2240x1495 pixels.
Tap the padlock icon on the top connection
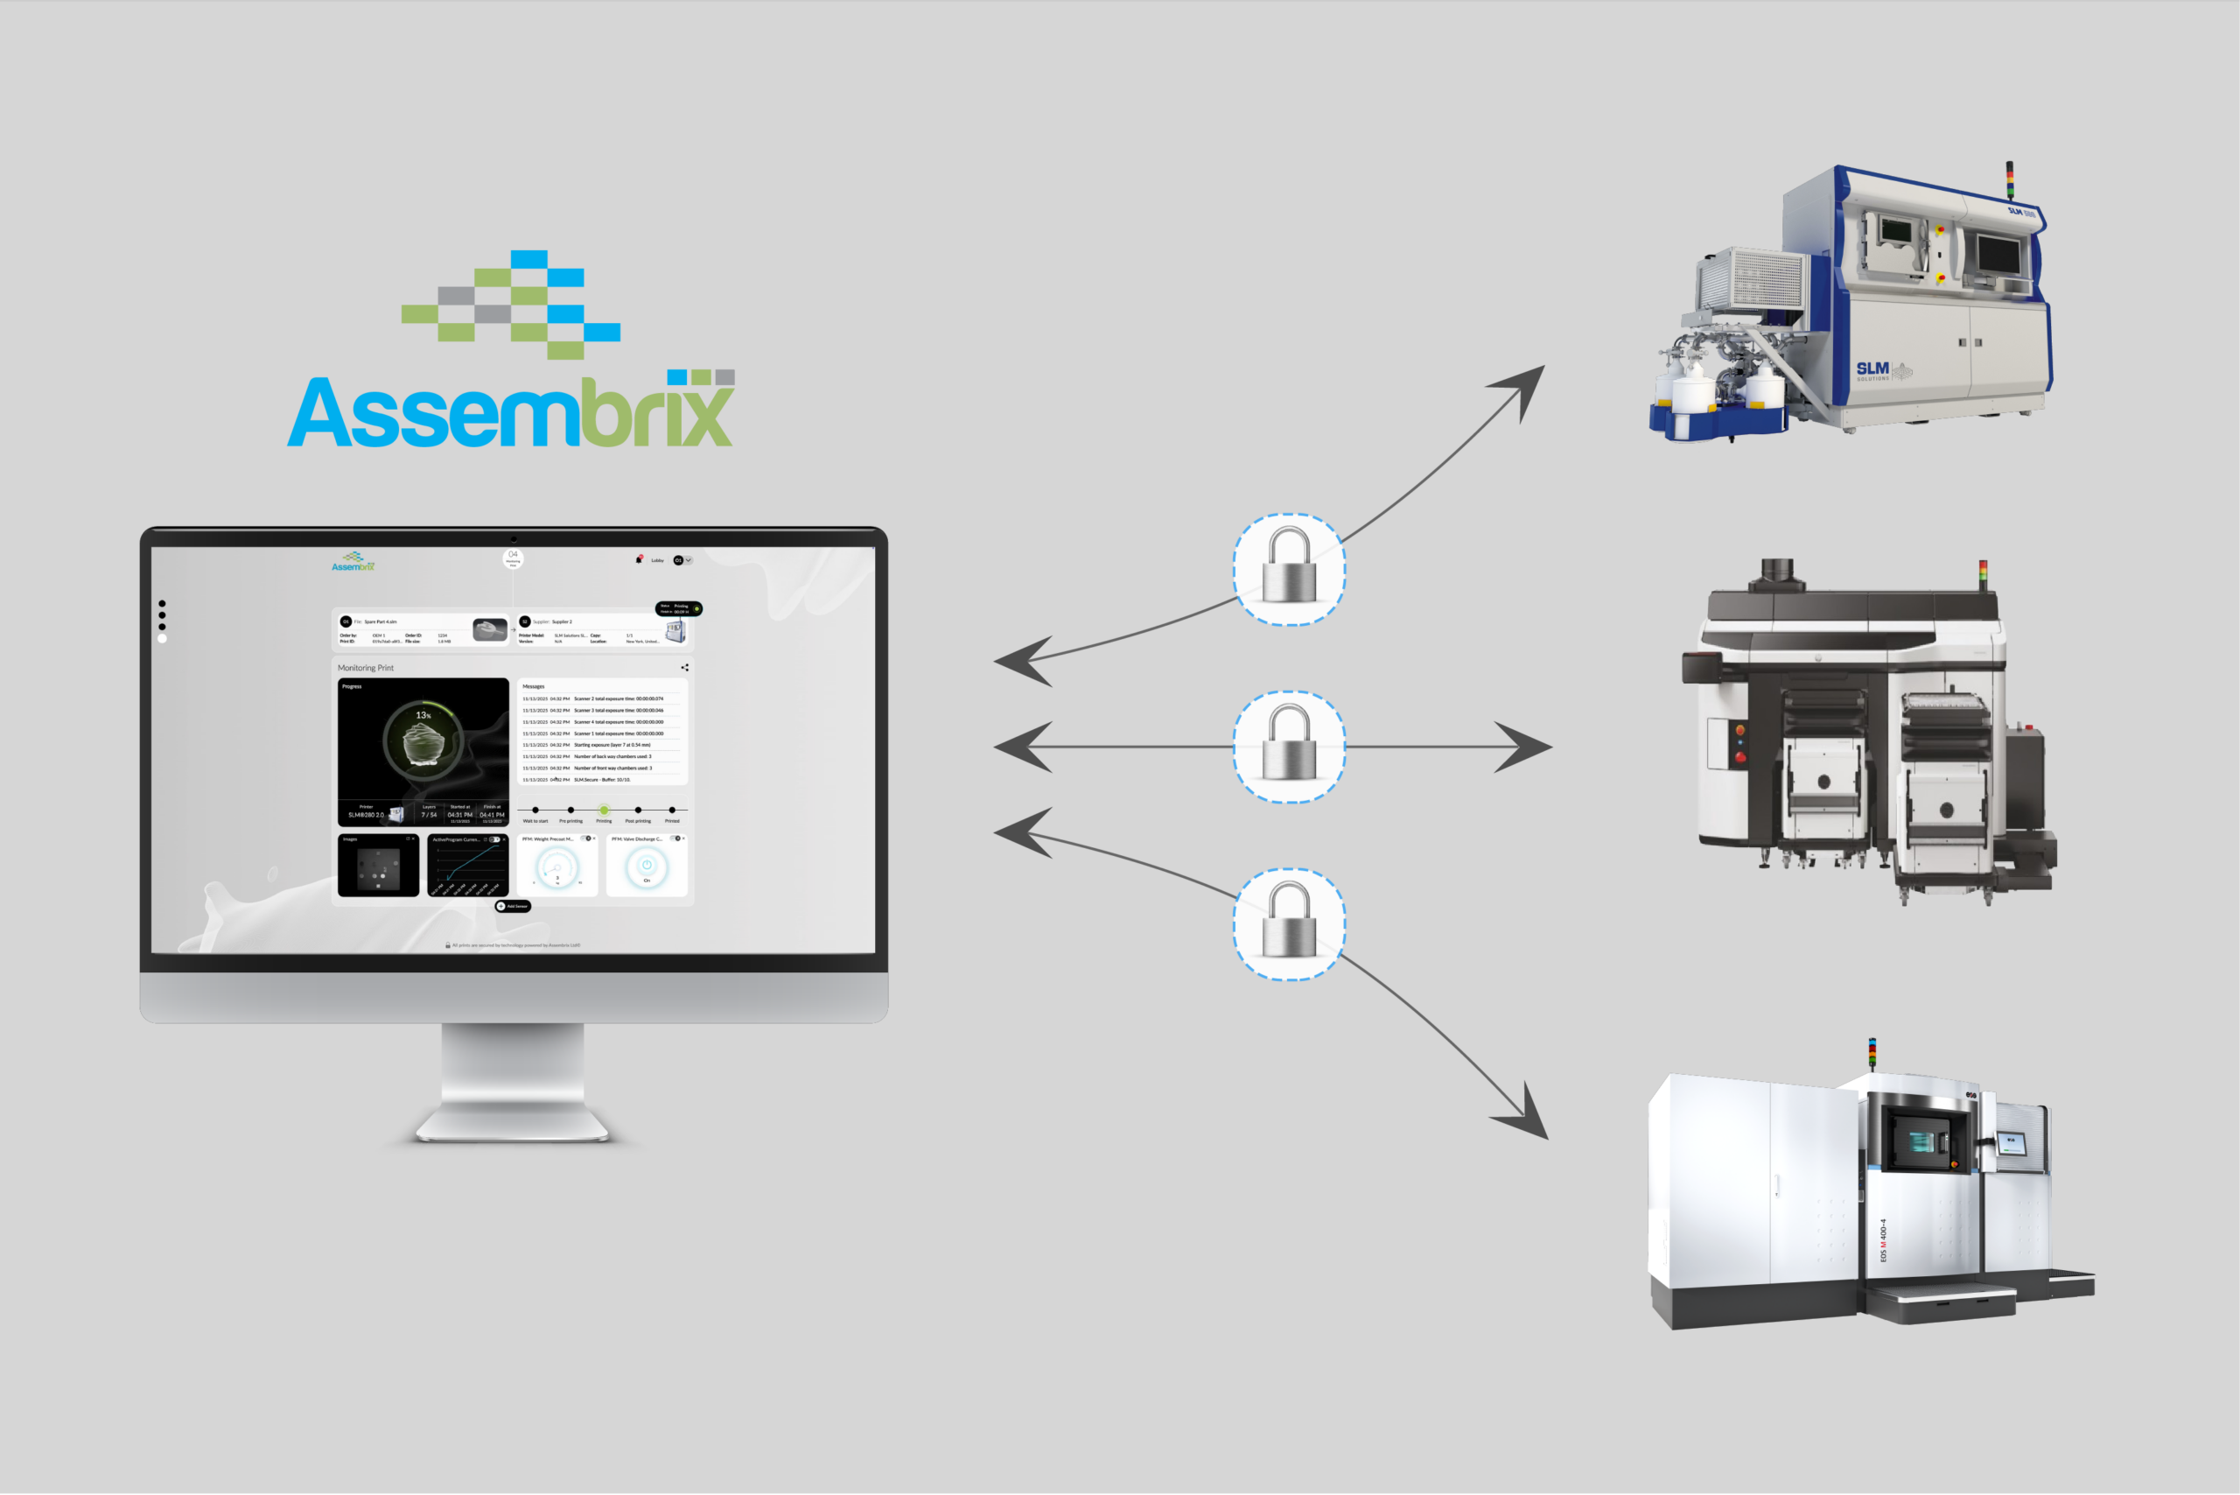tap(1289, 568)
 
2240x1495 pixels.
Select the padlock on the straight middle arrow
tap(1289, 747)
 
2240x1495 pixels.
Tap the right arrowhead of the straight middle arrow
tap(1527, 747)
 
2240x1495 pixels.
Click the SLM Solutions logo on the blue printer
tap(1873, 370)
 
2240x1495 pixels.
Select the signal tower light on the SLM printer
tap(2009, 179)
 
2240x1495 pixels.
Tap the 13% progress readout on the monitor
tap(423, 714)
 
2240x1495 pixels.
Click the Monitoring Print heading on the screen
tap(366, 667)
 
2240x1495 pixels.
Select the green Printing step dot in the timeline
tap(604, 810)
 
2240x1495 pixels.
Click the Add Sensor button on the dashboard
tap(513, 906)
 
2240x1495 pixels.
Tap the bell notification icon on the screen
tap(639, 559)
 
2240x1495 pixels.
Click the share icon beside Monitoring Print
tap(684, 667)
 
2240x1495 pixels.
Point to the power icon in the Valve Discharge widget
tap(647, 865)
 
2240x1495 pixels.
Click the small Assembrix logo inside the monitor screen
tap(353, 562)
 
